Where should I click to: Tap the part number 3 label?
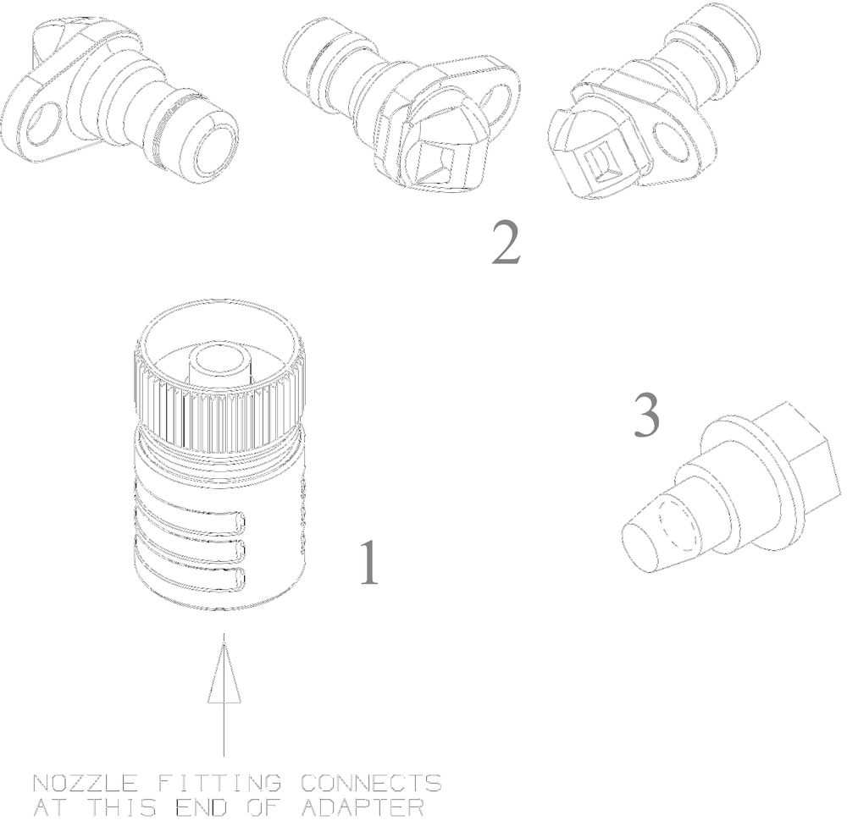pyautogui.click(x=646, y=415)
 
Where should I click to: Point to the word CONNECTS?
pyautogui.click(x=371, y=783)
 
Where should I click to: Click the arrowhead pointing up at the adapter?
pyautogui.click(x=224, y=669)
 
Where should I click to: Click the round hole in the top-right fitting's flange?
pyautogui.click(x=671, y=140)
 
